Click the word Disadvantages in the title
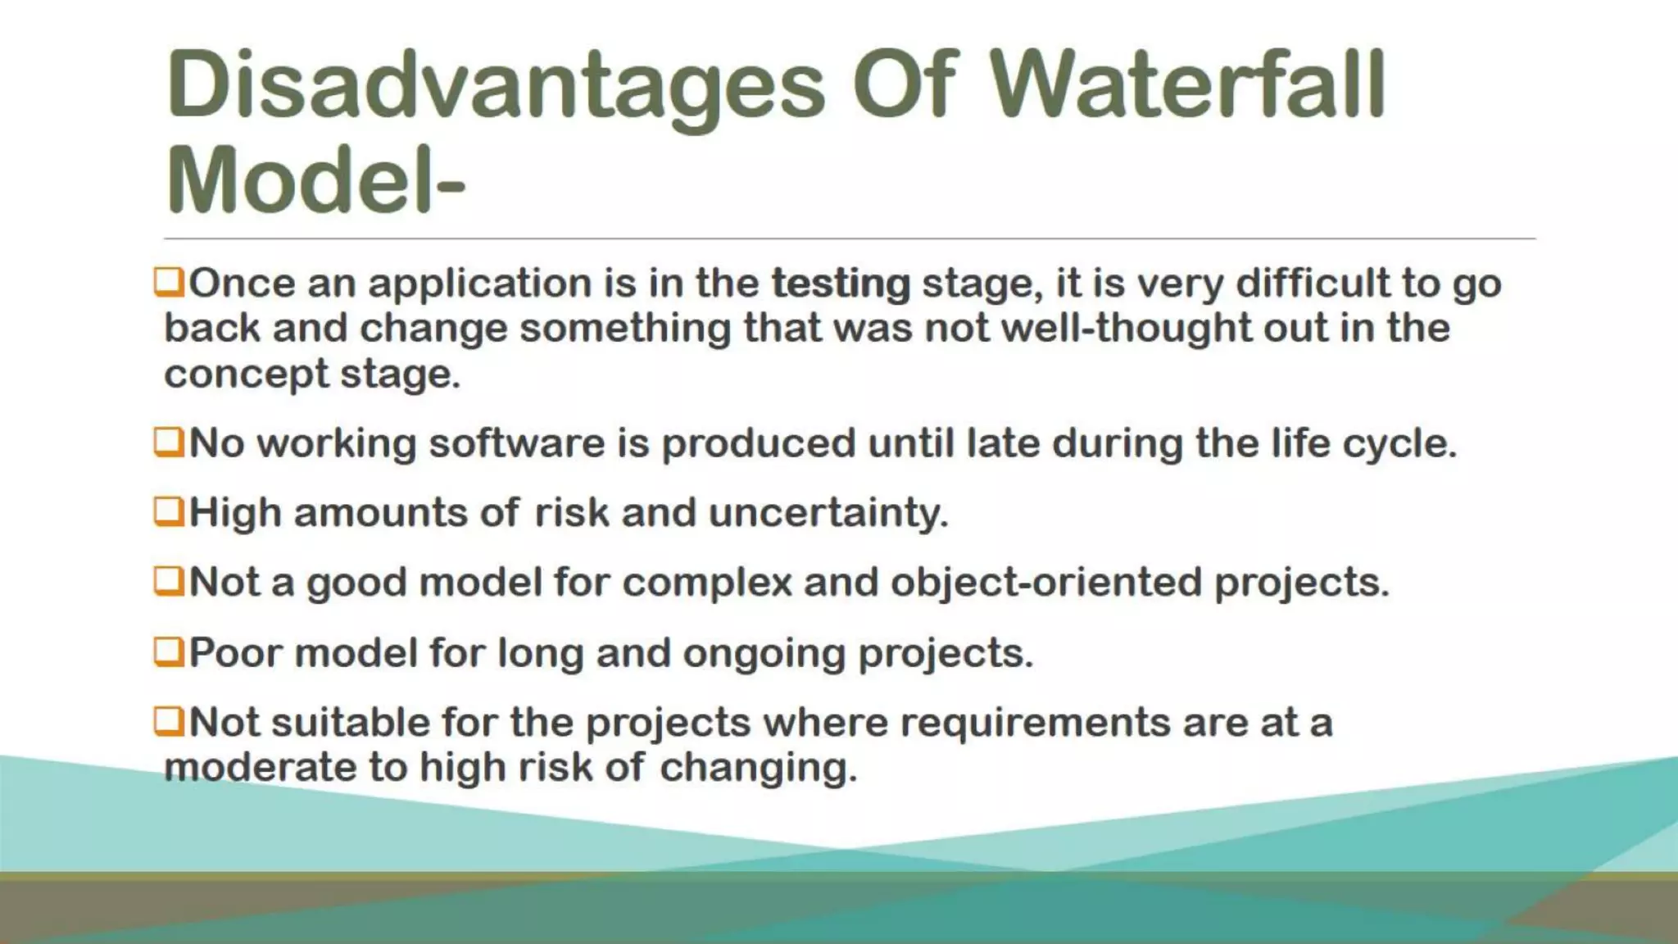click(x=495, y=86)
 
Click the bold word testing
click(x=841, y=284)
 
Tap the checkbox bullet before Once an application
click(x=168, y=283)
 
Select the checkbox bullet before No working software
click(x=168, y=442)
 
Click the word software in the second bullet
click(x=516, y=443)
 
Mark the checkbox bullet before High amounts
click(x=168, y=512)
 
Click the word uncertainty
click(x=828, y=514)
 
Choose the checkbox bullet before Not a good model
click(x=168, y=582)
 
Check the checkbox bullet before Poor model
click(x=168, y=652)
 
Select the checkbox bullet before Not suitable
click(x=168, y=722)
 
